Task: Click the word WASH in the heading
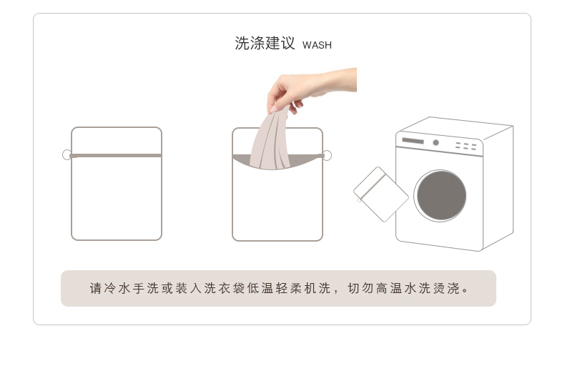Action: coord(317,45)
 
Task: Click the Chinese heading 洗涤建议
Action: coord(265,43)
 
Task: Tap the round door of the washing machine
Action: coord(440,196)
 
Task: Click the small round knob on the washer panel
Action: coord(436,143)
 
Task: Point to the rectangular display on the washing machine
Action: coord(413,141)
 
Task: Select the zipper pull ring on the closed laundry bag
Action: coord(67,155)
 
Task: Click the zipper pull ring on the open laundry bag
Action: coord(327,156)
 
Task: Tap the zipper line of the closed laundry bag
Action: coord(116,156)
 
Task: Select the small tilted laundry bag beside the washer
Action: coord(381,194)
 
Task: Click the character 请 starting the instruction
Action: coord(96,289)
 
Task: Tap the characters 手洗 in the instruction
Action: coord(146,289)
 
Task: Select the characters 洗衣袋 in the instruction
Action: coord(225,289)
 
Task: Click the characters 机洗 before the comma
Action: coord(318,289)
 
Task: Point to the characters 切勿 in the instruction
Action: coord(360,289)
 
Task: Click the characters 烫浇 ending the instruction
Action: coord(446,289)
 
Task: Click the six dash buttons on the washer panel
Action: coord(466,146)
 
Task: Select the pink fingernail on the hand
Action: coord(274,109)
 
